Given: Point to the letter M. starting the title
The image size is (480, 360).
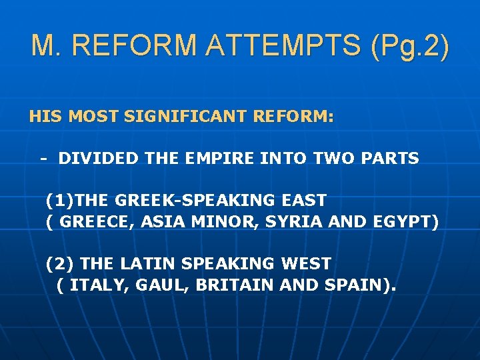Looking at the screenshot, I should (46, 45).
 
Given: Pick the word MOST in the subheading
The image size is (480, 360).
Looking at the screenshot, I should (93, 117).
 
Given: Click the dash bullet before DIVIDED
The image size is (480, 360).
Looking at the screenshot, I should (43, 159).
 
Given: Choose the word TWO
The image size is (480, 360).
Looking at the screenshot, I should (332, 159).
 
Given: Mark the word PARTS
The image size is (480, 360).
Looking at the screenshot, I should (390, 159).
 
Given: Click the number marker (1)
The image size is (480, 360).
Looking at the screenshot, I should (59, 200).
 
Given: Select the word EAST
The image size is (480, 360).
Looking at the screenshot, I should (303, 200).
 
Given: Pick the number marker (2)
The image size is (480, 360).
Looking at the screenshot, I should (59, 264).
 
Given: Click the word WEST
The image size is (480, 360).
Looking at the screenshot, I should (307, 264).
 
